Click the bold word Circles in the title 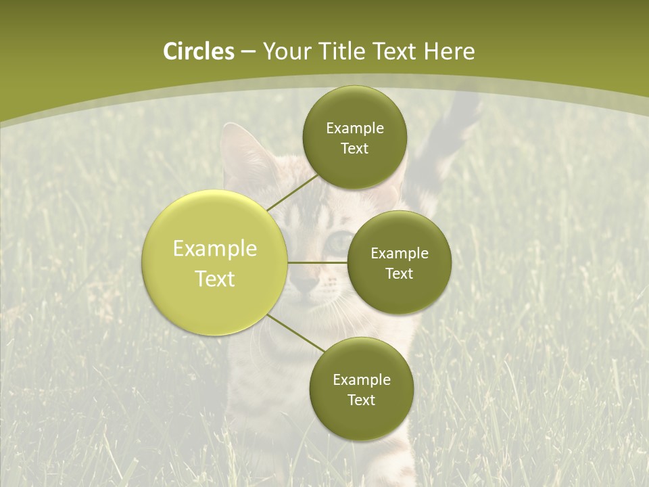click(199, 51)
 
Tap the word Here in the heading click(449, 51)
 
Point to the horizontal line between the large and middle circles click(318, 262)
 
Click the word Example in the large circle click(215, 249)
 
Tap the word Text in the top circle click(354, 149)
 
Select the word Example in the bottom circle click(361, 380)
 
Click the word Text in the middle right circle click(399, 274)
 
